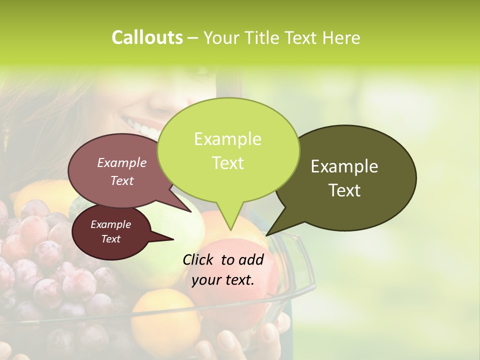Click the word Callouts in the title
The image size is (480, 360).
tap(147, 37)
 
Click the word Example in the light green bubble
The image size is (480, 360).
tap(227, 138)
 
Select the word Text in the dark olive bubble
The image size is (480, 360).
tap(344, 190)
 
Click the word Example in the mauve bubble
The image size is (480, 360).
tap(121, 162)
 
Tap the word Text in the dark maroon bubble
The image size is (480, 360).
tap(110, 239)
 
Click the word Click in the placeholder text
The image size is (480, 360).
tap(198, 259)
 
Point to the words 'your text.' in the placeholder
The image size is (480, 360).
tap(223, 280)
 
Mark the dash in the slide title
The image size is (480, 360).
tap(193, 37)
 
